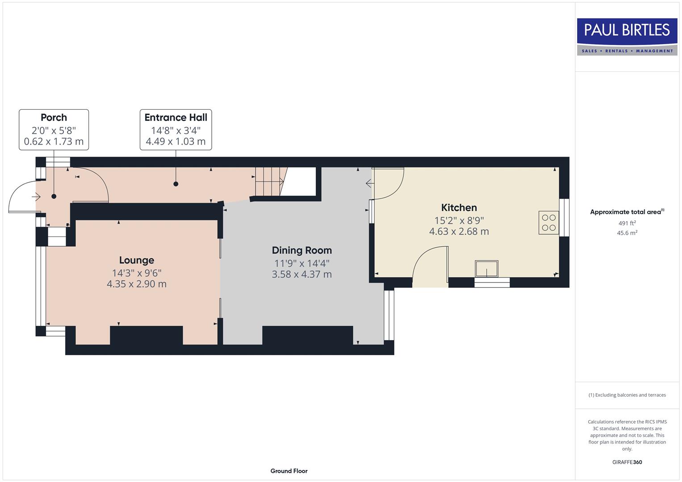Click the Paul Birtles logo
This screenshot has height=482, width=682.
point(627,37)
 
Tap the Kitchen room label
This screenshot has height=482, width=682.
point(459,208)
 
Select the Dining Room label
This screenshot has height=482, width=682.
point(301,250)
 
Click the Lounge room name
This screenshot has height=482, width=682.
point(136,260)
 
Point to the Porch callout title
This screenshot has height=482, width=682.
point(54,117)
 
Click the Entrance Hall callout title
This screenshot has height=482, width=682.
point(176,117)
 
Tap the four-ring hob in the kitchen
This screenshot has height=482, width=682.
point(548,223)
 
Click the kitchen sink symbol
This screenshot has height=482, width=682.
point(486,269)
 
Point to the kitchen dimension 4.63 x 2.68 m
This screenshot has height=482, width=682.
point(459,232)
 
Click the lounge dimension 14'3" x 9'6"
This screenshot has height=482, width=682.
point(136,273)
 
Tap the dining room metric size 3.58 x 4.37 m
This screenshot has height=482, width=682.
point(301,274)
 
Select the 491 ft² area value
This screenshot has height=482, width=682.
point(627,223)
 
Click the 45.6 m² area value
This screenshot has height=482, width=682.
point(627,233)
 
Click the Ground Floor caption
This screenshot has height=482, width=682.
point(289,471)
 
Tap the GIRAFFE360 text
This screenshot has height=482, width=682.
point(627,462)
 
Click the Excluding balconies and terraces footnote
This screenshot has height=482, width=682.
point(627,395)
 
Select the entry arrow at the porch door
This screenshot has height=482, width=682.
point(36,196)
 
